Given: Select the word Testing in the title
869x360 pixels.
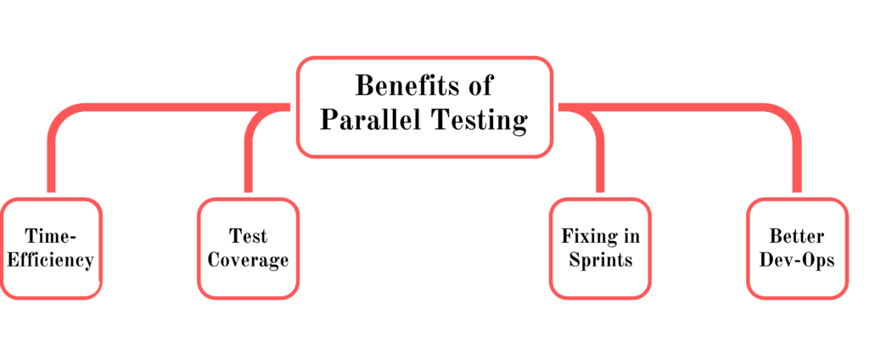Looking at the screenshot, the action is click(479, 121).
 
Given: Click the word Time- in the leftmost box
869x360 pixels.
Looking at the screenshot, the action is click(50, 236).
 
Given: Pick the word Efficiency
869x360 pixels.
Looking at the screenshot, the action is click(50, 261).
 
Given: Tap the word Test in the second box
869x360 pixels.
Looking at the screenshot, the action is click(249, 236).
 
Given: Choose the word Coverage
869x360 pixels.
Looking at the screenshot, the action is click(249, 261).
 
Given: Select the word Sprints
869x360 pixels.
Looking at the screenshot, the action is click(601, 261).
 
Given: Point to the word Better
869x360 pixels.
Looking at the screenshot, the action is click(797, 236).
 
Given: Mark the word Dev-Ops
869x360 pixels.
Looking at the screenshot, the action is click(797, 260).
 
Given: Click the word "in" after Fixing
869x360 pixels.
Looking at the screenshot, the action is click(631, 236).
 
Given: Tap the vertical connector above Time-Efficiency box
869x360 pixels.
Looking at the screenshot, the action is click(52, 160).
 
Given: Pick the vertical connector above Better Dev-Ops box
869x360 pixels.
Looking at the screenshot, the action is click(797, 160).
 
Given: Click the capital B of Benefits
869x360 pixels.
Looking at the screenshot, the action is click(364, 86).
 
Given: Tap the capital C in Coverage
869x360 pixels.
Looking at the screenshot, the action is click(215, 260).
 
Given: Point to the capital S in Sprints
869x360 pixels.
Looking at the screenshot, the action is click(575, 260).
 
